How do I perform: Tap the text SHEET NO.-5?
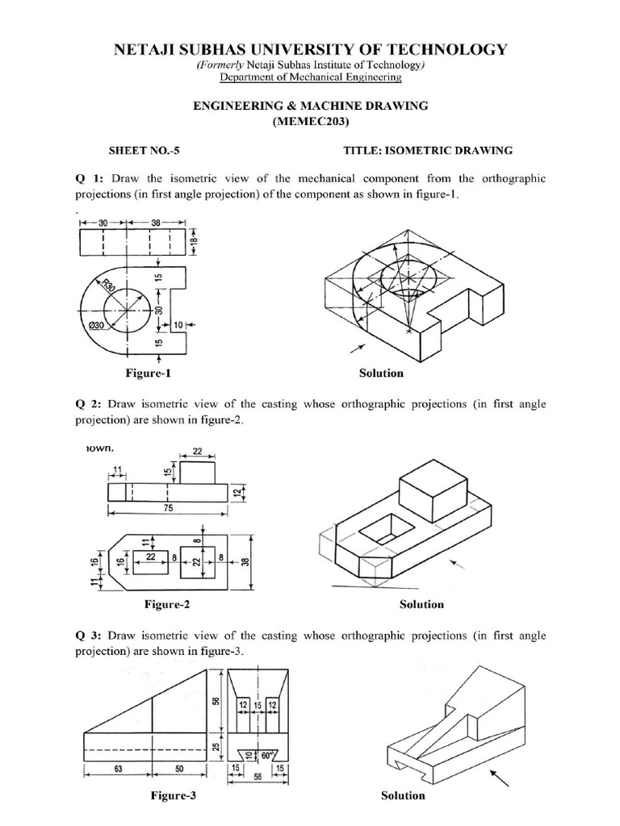pos(140,151)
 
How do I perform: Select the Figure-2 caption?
pos(166,604)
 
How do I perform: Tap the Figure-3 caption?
pos(173,795)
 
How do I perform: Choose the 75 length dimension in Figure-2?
pos(167,509)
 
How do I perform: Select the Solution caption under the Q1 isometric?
pos(381,373)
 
